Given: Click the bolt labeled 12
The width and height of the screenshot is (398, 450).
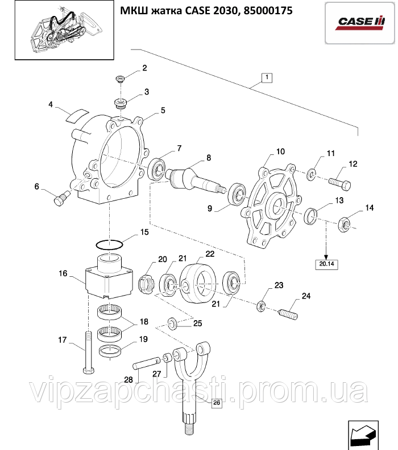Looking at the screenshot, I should tap(341, 183).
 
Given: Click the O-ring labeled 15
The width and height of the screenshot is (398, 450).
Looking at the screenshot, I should tap(109, 244).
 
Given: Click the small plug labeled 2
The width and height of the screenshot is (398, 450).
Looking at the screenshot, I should tap(120, 79).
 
